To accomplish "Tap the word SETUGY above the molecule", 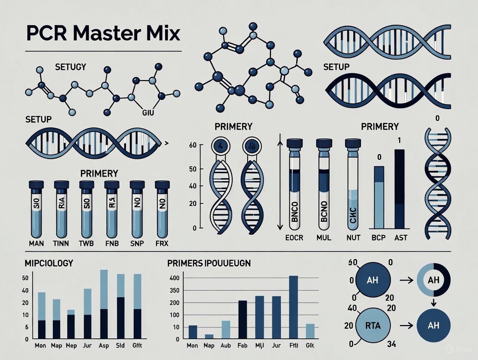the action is [71, 67].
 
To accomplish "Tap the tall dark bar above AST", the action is [400, 189].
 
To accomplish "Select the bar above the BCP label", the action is [379, 197].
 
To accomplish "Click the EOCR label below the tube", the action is [294, 238].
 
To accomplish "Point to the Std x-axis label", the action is [121, 346].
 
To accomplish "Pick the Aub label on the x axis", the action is [226, 346].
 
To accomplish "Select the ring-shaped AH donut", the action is [433, 280].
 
